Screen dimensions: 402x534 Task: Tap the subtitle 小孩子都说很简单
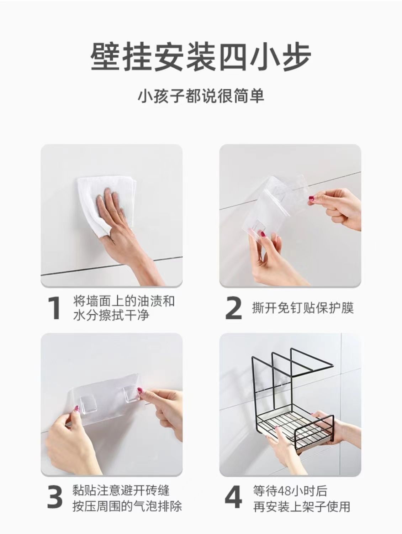tap(201, 96)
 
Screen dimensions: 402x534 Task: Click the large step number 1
tap(54, 308)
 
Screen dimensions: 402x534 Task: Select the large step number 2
tap(234, 308)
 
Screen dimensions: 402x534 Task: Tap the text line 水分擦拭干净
tap(111, 315)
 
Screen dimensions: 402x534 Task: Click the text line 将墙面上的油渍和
tap(124, 301)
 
